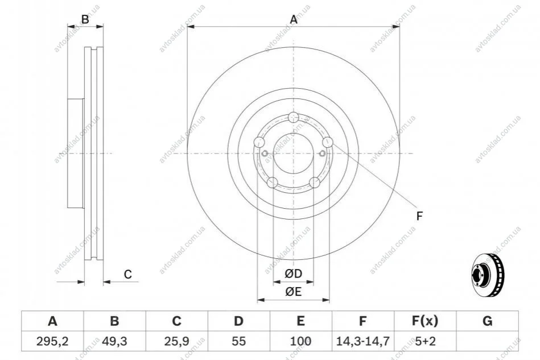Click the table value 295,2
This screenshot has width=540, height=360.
52,341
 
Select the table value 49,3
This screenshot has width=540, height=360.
114,341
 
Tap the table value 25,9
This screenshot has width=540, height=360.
176,341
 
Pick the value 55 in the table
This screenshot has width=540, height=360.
238,341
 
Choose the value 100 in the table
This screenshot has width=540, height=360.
300,341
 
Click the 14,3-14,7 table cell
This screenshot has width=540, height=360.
362,341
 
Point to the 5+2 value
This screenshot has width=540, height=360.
425,341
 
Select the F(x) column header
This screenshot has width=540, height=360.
425,321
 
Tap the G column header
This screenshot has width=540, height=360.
487,321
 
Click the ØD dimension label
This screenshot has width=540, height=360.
294,274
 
